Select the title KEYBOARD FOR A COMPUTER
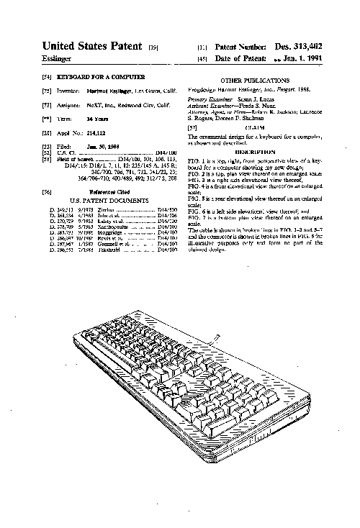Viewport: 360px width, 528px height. point(105,76)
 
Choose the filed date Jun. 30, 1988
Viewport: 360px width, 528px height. point(101,146)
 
